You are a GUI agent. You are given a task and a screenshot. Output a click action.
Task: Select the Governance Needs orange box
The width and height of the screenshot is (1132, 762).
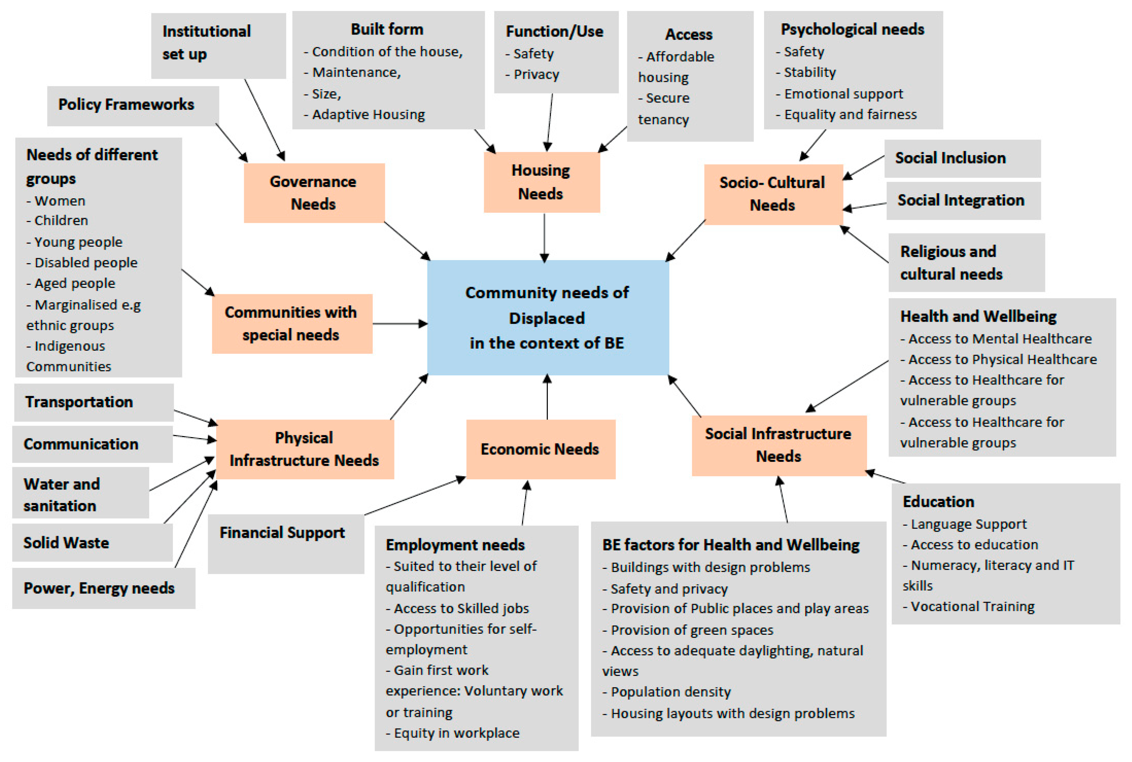[314, 193]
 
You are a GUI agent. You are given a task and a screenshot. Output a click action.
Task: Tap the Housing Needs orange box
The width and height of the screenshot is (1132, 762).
[541, 182]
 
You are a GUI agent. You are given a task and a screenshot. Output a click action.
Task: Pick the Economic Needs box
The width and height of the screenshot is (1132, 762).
[540, 449]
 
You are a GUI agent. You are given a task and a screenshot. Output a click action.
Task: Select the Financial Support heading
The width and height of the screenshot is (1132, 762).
[282, 533]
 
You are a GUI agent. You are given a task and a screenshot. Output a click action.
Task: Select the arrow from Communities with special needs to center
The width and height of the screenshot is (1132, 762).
[400, 323]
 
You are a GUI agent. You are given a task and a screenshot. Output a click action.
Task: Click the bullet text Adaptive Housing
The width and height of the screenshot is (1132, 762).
[368, 115]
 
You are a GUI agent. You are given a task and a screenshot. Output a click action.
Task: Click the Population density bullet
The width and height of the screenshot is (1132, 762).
[670, 692]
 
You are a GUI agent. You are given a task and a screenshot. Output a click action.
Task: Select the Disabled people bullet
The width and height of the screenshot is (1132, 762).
[85, 263]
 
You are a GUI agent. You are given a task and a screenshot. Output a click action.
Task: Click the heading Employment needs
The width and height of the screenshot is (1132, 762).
[455, 545]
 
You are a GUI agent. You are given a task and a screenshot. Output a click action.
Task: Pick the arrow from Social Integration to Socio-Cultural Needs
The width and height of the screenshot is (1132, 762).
[865, 207]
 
